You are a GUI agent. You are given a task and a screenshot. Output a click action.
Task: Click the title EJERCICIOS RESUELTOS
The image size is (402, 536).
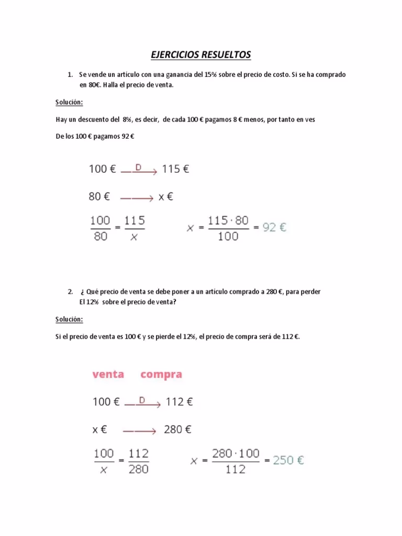200,54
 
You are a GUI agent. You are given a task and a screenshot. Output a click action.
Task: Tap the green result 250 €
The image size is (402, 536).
287,461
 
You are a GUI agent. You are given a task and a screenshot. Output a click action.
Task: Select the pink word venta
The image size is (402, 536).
108,374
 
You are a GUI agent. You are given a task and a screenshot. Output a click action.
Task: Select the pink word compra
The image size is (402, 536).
161,375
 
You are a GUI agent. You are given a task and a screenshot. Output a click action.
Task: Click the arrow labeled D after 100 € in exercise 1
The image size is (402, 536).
139,170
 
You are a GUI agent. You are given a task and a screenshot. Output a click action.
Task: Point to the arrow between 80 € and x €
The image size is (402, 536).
137,198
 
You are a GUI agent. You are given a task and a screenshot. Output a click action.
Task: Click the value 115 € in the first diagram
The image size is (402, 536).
176,169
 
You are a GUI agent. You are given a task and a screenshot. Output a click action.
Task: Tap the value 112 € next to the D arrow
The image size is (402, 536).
180,402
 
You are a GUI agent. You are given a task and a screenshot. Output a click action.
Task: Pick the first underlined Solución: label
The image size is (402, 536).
69,102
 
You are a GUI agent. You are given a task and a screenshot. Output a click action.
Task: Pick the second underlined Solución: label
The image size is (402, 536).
69,319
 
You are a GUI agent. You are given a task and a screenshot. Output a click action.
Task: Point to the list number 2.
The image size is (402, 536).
70,292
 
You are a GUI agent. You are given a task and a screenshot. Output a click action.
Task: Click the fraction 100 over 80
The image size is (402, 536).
100,228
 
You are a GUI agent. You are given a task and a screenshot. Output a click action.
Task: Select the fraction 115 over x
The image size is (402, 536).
134,228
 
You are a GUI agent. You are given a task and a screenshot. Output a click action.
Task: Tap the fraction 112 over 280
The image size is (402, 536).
138,461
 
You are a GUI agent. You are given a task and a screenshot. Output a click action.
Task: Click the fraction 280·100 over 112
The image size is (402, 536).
236,461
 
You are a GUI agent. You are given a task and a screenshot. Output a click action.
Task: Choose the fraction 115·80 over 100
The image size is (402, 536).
228,228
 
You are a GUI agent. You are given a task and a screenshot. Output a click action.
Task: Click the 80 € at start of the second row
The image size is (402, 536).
99,197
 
